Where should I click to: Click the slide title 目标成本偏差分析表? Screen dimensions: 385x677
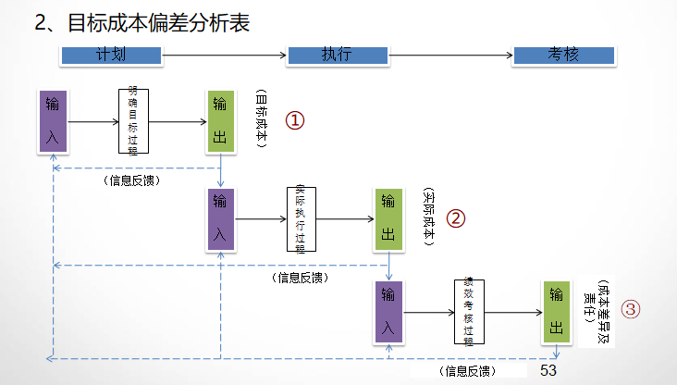pos(142,22)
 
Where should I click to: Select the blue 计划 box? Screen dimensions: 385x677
pos(111,56)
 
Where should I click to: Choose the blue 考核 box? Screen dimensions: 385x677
pos(562,56)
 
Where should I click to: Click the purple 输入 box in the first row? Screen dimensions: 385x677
pos(53,121)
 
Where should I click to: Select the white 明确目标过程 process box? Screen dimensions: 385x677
pos(134,121)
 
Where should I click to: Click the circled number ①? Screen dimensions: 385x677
pos(294,121)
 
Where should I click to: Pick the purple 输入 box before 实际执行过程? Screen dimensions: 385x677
pos(220,219)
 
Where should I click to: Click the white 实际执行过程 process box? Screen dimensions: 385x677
pos(301,219)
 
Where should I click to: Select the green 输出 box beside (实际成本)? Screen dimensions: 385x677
pos(388,219)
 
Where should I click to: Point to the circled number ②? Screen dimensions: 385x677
pos(456,218)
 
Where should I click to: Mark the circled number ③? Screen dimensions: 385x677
pos(629,310)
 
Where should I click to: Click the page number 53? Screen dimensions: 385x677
pos(548,370)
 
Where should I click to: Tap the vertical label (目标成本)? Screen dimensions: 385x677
pos(261,120)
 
